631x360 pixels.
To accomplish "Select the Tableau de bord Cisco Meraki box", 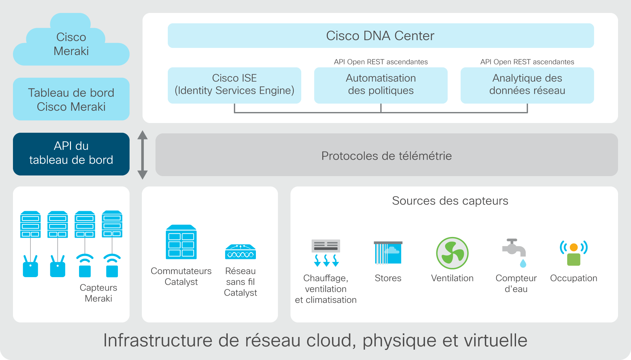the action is point(71,99).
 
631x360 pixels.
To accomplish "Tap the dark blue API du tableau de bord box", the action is point(71,154).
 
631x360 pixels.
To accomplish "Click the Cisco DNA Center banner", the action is point(381,36).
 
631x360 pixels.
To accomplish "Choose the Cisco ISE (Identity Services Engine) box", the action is point(235,85).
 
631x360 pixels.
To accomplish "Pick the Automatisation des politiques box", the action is point(381,85).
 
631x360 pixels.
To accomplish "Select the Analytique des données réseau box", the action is point(527,85).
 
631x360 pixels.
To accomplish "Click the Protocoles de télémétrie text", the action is point(386,156).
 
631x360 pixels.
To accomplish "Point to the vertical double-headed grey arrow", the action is point(143,155).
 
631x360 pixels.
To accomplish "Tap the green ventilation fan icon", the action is point(452,253).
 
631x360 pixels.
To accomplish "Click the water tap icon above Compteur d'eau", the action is point(515,253).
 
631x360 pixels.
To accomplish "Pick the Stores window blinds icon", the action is point(388,253).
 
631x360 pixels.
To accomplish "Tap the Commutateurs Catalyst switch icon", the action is point(181,242).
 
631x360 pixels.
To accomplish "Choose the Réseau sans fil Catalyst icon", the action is point(240,252).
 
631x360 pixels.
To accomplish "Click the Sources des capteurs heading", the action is point(450,201).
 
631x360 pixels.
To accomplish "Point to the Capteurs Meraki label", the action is point(98,293).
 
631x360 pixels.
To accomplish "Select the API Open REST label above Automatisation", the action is point(381,62).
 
